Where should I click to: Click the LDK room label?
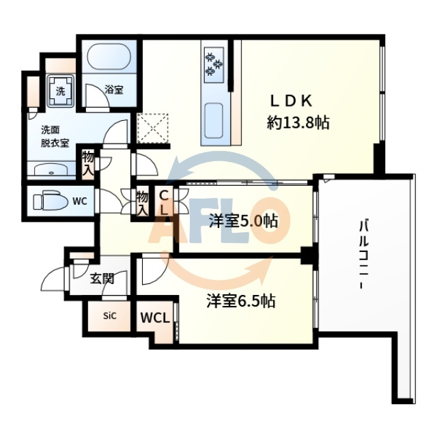point(292,101)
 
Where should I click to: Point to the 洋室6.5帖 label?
point(241,300)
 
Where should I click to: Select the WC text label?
point(79,201)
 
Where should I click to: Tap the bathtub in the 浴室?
point(111,59)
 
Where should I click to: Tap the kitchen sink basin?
point(214,121)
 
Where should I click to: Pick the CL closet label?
point(164,202)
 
